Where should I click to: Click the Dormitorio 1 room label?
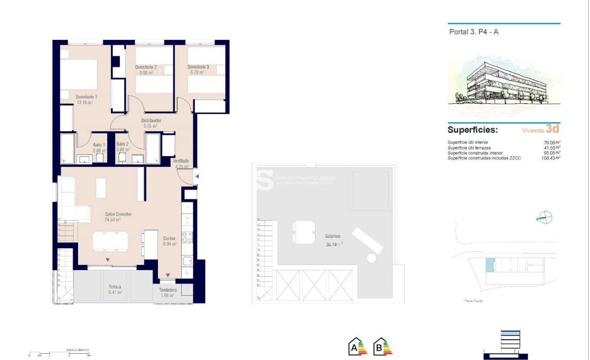(x=86, y=97)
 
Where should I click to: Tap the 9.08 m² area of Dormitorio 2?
(x=146, y=72)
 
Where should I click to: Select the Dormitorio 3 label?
(x=198, y=67)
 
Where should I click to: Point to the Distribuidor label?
(x=151, y=120)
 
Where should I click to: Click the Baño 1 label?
(x=99, y=145)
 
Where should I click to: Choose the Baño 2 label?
(x=123, y=144)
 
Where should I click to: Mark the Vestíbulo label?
(x=181, y=161)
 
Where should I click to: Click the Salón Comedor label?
(x=118, y=214)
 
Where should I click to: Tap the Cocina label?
(x=169, y=238)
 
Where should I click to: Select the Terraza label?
(x=115, y=286)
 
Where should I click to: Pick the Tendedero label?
(x=168, y=290)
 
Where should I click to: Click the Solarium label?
(x=333, y=236)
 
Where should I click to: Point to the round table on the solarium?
(x=371, y=258)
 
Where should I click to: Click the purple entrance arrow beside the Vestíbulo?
(x=197, y=176)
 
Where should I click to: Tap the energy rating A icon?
(x=358, y=346)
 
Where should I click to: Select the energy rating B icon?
(x=383, y=346)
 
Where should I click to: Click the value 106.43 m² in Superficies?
(x=551, y=158)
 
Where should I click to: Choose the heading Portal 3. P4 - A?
(x=473, y=32)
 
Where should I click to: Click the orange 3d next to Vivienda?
(x=552, y=129)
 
